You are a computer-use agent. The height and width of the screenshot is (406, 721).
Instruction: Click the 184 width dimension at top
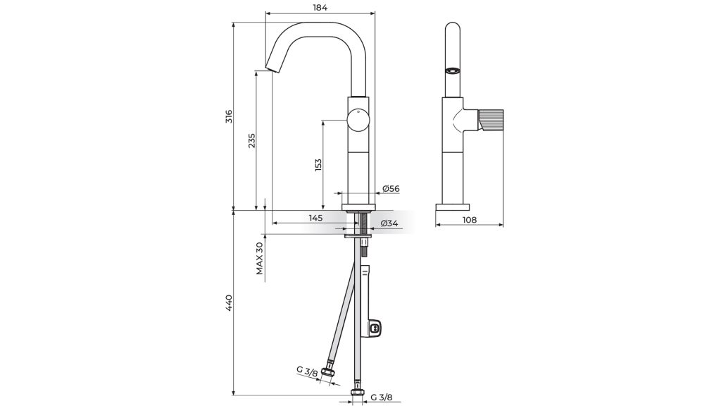click(x=320, y=7)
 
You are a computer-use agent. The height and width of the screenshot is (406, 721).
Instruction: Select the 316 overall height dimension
click(x=229, y=116)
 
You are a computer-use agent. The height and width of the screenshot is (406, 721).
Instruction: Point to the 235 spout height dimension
click(x=251, y=140)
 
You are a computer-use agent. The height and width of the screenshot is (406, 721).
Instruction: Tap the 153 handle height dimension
click(x=318, y=166)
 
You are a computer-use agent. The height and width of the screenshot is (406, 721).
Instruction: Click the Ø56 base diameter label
click(x=391, y=189)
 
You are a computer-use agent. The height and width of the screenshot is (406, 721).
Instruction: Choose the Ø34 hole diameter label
click(x=389, y=223)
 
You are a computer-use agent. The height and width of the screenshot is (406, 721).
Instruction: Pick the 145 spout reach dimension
click(x=315, y=219)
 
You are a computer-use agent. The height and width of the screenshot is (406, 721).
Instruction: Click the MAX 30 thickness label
click(x=260, y=258)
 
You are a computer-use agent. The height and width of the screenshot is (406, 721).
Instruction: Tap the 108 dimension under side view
click(x=469, y=220)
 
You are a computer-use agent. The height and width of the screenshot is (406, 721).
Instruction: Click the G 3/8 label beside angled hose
click(x=307, y=371)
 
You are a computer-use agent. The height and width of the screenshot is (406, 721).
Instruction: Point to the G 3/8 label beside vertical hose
click(x=382, y=398)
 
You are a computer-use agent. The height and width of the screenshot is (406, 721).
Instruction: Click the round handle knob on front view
click(x=358, y=121)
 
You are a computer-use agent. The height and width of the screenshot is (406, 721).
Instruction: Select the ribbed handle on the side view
click(x=491, y=119)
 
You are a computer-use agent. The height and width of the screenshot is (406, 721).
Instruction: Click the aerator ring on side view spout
click(x=453, y=70)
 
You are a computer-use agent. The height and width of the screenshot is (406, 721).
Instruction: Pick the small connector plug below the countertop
click(x=375, y=328)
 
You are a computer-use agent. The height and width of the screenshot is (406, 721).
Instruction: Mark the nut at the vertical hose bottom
click(x=358, y=393)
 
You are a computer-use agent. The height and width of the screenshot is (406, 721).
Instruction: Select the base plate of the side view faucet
click(x=453, y=207)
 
